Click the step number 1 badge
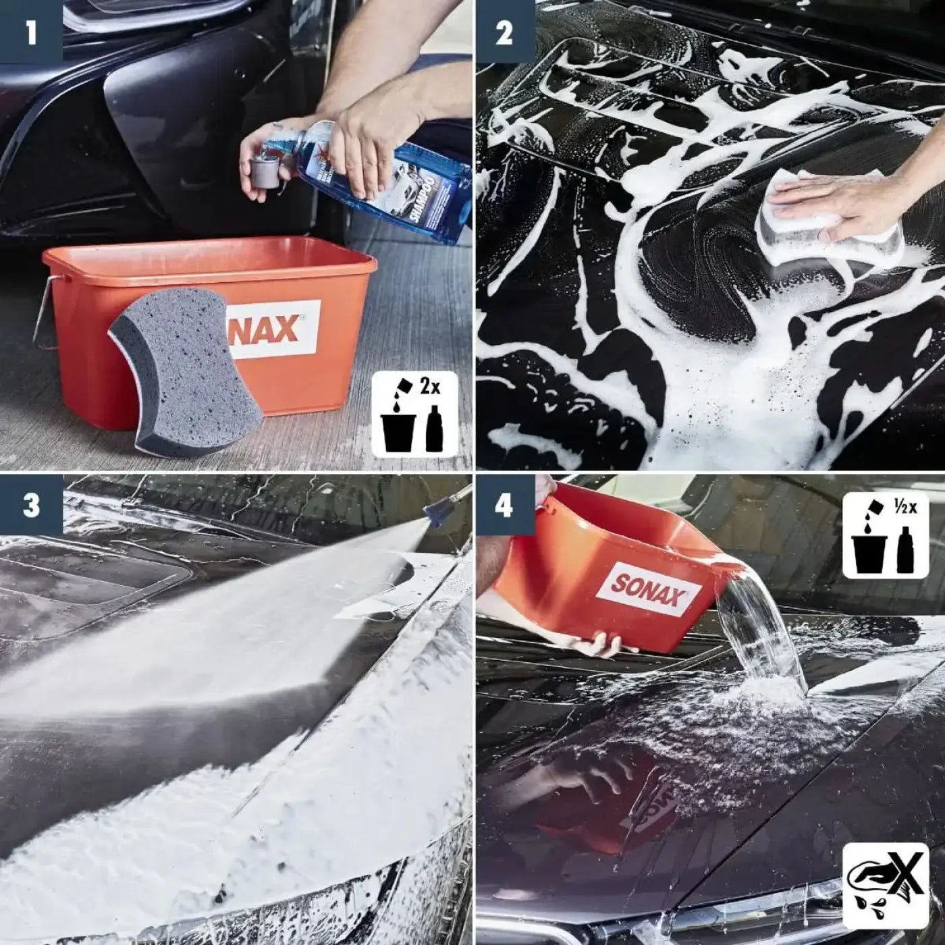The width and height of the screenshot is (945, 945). point(31,31)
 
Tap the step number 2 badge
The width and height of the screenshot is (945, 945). point(504,31)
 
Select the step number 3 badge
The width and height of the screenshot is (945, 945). point(31,505)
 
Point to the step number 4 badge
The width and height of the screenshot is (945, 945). point(504,505)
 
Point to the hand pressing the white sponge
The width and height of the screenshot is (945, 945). point(857,202)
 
